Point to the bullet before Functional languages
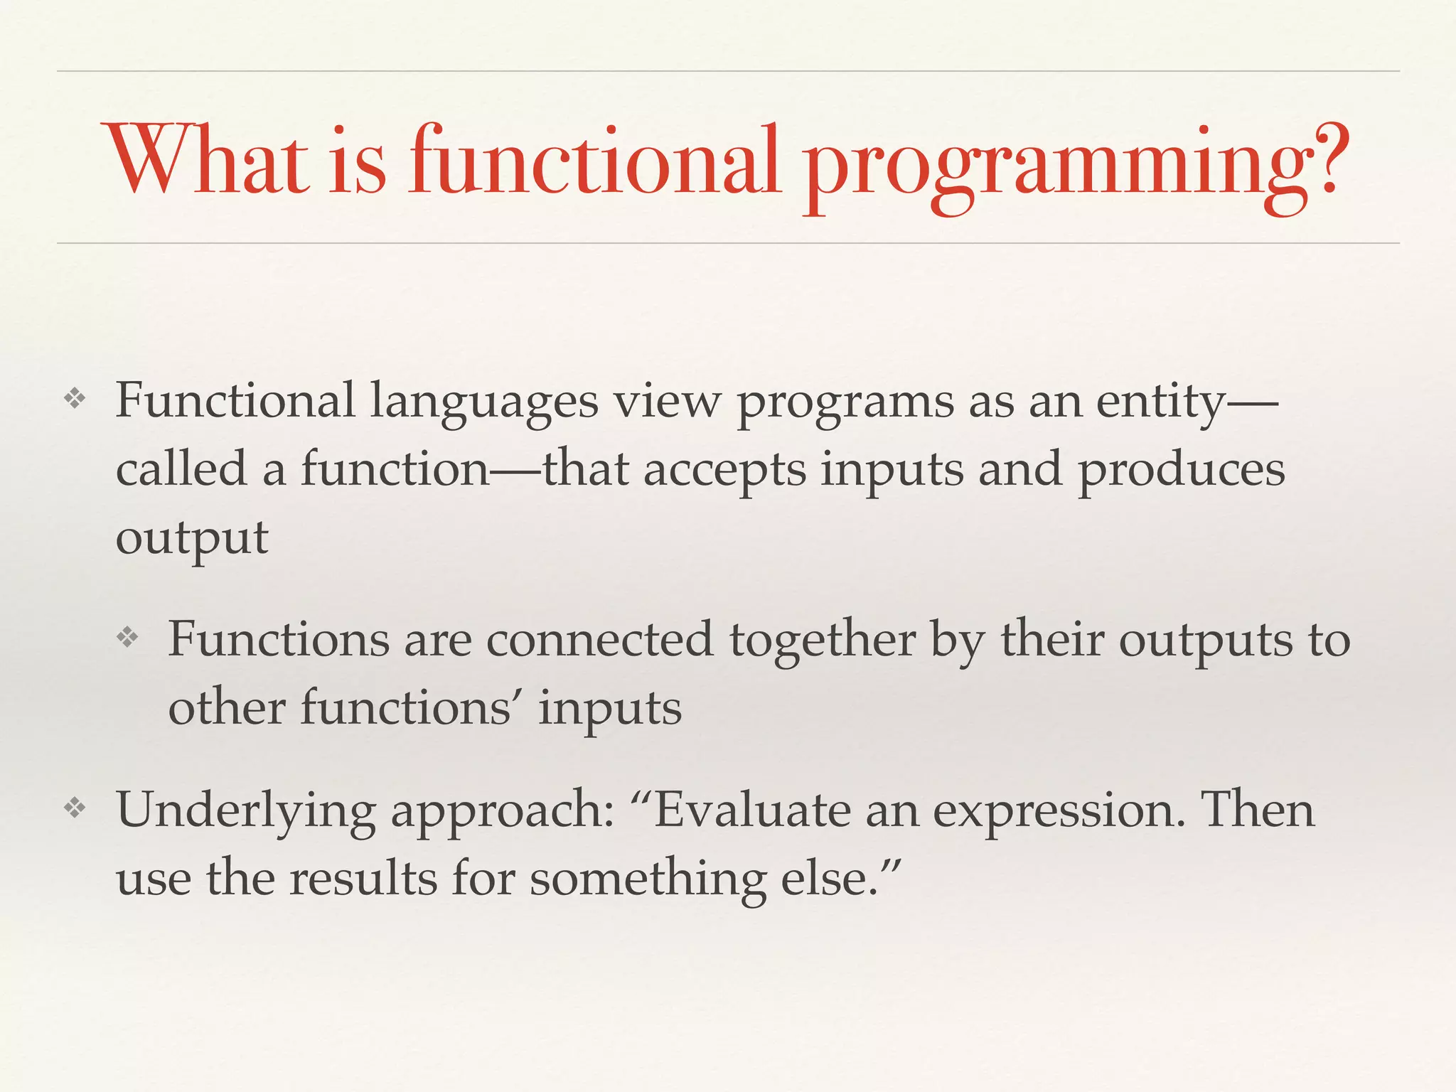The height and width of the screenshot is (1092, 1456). tap(75, 400)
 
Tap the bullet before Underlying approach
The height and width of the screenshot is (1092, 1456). tap(75, 808)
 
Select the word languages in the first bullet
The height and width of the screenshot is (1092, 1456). tap(483, 402)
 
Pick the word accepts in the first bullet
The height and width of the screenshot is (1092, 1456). tap(724, 471)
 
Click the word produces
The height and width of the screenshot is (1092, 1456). tap(1181, 471)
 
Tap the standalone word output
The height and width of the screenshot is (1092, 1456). tap(192, 539)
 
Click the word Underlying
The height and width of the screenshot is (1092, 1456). tap(245, 810)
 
